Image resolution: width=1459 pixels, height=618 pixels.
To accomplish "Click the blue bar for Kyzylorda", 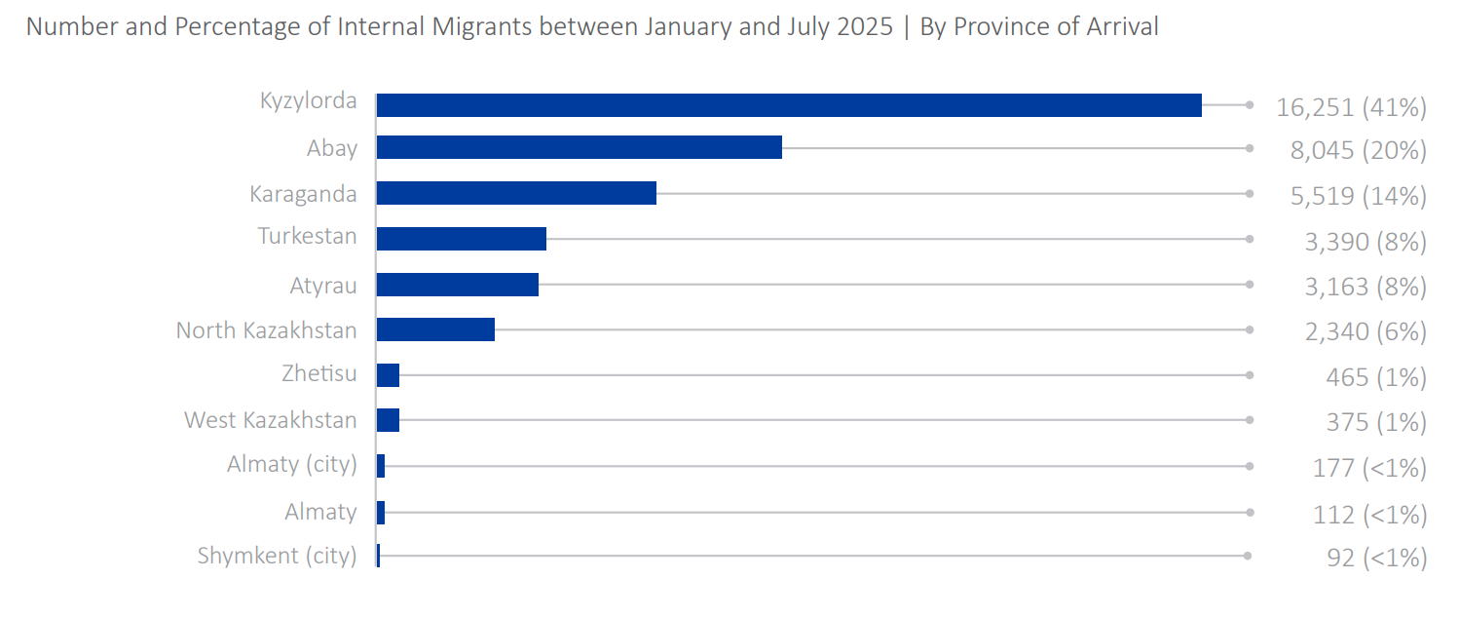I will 789,105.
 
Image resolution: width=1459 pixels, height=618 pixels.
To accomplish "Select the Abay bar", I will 579,147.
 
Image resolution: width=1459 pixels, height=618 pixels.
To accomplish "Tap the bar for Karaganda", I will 516,193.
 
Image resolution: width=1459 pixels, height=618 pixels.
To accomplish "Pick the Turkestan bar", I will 461,239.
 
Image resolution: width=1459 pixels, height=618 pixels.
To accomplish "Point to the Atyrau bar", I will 457,285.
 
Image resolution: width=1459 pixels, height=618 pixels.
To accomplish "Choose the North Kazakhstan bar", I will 435,329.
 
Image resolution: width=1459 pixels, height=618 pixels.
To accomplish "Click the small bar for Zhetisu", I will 388,375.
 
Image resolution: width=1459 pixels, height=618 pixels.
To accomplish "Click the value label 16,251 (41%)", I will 1351,106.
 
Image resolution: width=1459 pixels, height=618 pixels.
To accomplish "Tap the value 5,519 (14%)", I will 1358,196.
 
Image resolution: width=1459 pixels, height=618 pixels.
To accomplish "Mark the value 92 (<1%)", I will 1376,559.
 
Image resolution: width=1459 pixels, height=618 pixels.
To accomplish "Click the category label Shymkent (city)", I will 277,556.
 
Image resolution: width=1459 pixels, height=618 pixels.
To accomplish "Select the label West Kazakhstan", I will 270,420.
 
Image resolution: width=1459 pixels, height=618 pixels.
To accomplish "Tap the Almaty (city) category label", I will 291,464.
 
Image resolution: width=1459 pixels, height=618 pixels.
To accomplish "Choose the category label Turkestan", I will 307,236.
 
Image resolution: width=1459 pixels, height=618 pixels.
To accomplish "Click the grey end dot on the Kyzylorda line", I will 1249,105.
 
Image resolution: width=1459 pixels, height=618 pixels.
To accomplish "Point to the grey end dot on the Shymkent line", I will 1249,556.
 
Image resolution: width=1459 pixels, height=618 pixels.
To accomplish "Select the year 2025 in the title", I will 864,26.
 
